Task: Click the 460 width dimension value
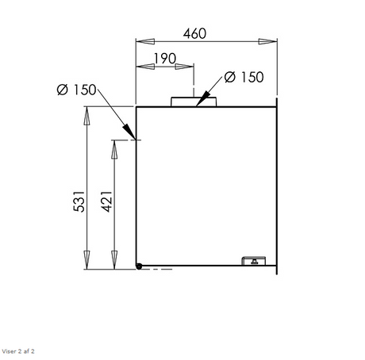pos(194,33)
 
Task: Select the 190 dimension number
pos(165,59)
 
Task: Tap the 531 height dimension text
pos(79,201)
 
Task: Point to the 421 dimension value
pos(107,201)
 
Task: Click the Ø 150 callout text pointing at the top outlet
pos(244,77)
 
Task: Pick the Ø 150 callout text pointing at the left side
pos(76,90)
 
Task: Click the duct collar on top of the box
pos(194,101)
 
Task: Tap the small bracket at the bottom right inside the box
pos(254,261)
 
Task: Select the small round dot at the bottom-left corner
pos(139,266)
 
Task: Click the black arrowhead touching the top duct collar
pos(202,99)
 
